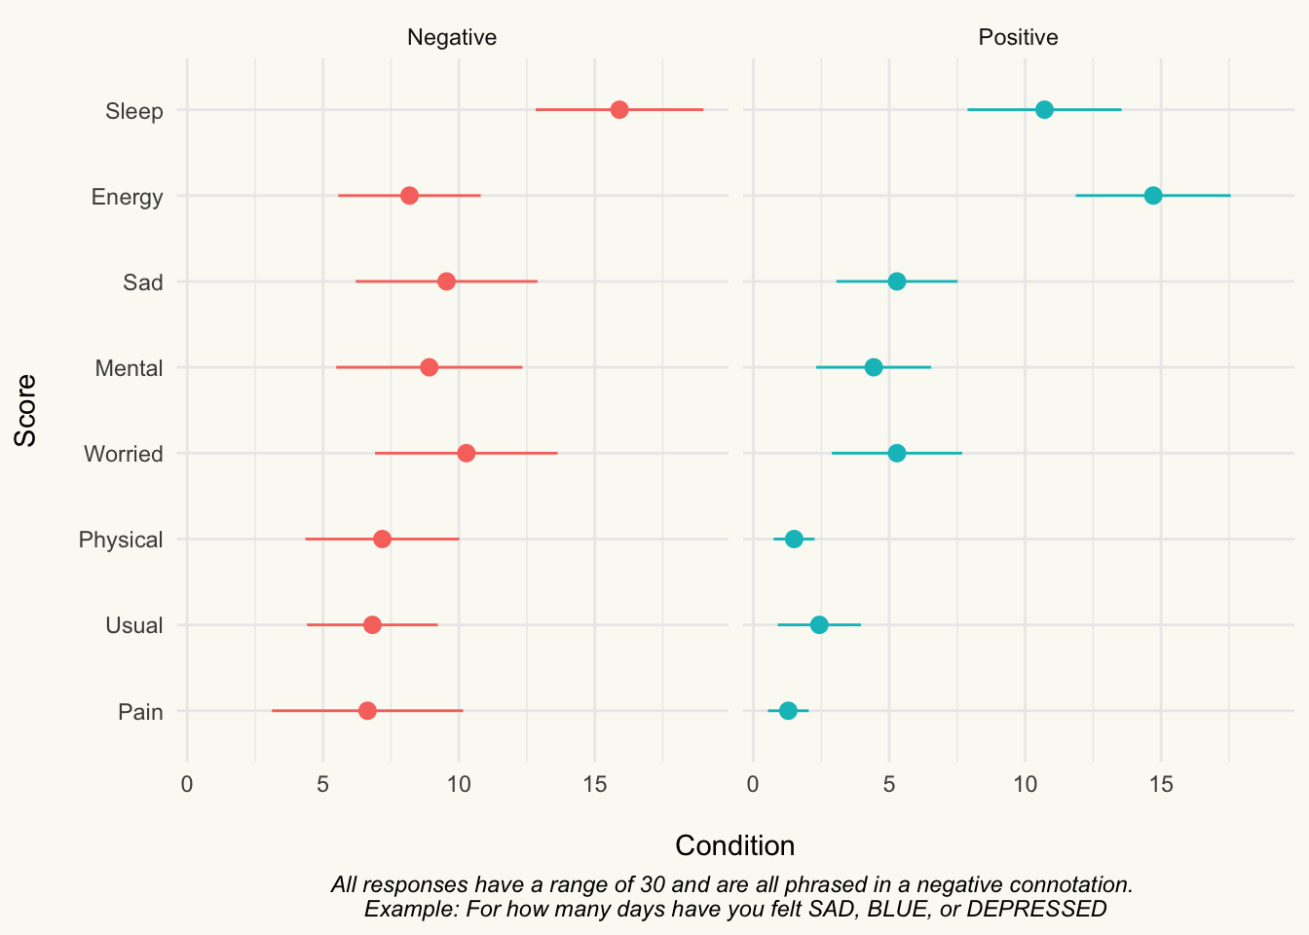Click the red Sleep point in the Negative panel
coord(619,109)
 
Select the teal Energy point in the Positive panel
coord(1153,195)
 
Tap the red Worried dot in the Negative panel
coord(466,453)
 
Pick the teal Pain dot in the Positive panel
coord(788,711)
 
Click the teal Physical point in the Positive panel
coord(794,539)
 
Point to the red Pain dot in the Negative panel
coord(367,711)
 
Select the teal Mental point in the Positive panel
coord(873,367)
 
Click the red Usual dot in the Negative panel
coord(372,624)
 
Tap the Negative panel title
coord(452,37)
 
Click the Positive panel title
coord(1018,37)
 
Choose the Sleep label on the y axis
coord(133,111)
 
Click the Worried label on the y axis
coord(124,454)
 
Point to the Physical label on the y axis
coord(121,540)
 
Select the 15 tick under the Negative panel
coord(595,784)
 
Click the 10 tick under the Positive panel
coord(1025,784)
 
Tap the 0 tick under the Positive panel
coord(753,784)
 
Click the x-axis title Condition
coord(735,845)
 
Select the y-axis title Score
coord(25,410)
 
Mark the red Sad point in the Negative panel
coord(446,281)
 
